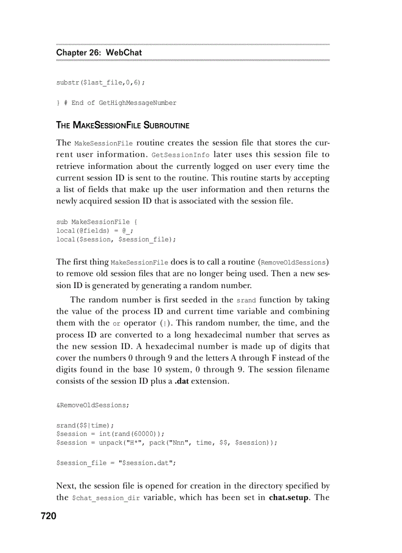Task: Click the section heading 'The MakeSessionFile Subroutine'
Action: point(123,125)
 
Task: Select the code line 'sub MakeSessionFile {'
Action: point(93,222)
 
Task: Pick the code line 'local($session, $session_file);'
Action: point(116,239)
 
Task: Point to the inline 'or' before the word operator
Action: point(116,324)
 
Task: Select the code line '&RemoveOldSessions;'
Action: point(93,405)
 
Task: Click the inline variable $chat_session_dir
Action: point(105,498)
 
